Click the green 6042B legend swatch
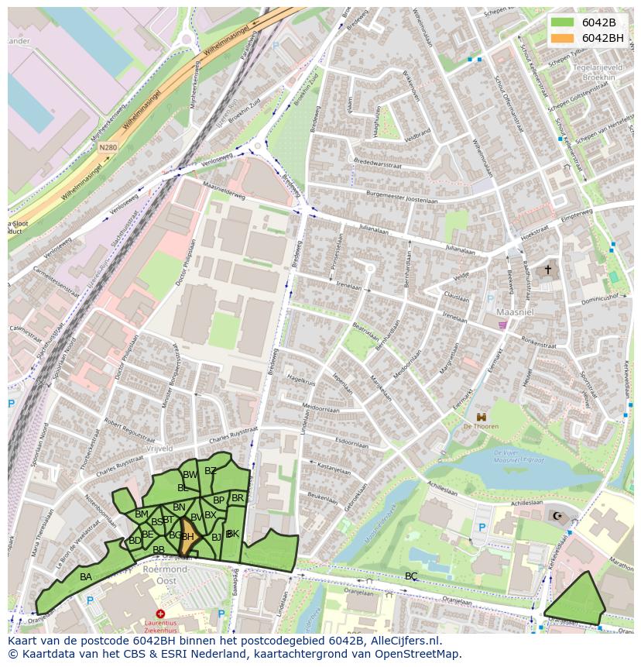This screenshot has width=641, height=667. click(562, 22)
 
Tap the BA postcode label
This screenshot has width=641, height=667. click(86, 577)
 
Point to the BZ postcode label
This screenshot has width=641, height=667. click(211, 470)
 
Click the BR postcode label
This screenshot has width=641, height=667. click(238, 498)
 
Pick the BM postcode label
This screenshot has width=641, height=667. click(141, 514)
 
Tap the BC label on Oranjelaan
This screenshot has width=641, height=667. click(411, 576)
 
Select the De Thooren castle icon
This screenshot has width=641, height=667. click(482, 417)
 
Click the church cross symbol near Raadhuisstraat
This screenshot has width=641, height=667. click(548, 270)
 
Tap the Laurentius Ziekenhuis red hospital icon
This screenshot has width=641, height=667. click(160, 614)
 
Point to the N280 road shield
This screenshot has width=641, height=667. click(108, 147)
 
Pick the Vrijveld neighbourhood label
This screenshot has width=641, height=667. click(158, 449)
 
